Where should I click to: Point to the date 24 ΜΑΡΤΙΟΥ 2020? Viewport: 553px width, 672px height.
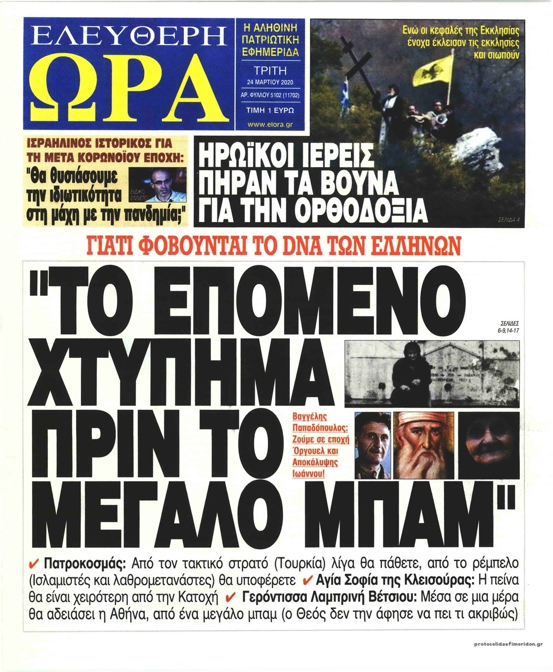click(270, 82)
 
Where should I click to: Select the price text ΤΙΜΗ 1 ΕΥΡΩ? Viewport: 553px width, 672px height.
click(270, 111)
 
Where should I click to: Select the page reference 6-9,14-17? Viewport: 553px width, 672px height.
click(506, 330)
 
